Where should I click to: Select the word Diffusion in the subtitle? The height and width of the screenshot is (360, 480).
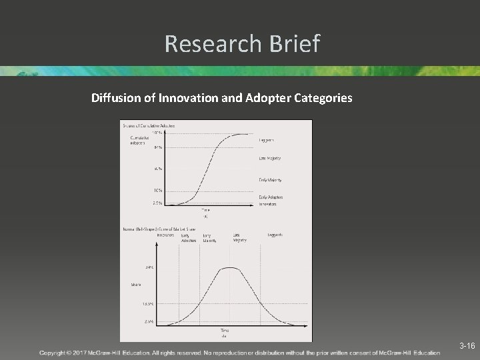tap(115, 98)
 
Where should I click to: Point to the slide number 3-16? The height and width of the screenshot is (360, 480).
tap(467, 346)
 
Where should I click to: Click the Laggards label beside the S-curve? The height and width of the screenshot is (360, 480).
tap(266, 140)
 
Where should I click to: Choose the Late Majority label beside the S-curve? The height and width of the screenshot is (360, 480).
tap(269, 158)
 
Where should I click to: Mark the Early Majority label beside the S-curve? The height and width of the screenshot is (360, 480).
tap(269, 180)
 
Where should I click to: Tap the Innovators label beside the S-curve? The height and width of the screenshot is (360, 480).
tap(267, 205)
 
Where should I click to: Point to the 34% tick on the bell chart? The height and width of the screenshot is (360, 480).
tap(149, 267)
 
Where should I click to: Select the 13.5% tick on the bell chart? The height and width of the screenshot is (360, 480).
tap(147, 304)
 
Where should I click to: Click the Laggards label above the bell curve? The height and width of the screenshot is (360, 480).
tap(275, 235)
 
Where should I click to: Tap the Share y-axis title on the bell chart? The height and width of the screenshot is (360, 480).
tap(135, 285)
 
